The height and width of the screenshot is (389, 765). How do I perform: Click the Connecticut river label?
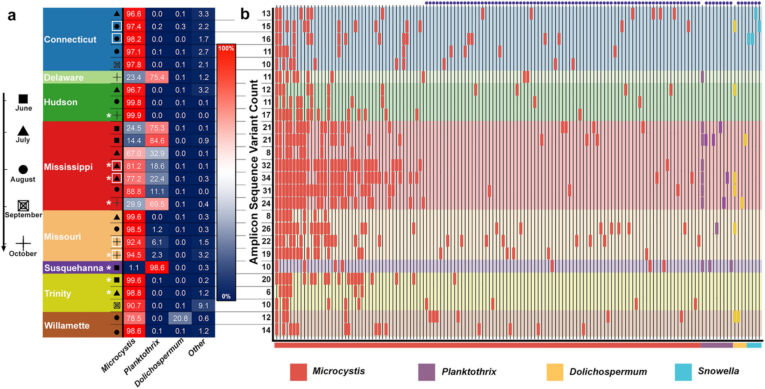[70, 39]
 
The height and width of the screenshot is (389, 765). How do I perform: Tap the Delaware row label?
[64, 77]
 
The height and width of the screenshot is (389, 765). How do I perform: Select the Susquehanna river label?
[74, 268]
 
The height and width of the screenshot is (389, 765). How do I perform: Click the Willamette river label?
[67, 325]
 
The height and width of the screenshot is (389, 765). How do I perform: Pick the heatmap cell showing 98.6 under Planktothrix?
[157, 268]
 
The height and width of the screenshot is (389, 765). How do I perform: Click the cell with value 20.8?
[180, 318]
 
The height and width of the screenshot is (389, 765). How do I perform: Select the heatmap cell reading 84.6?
[157, 141]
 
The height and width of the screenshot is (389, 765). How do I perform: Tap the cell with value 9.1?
[204, 306]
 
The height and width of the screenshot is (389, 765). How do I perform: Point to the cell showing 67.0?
[134, 153]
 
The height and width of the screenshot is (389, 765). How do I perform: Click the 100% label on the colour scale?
[226, 48]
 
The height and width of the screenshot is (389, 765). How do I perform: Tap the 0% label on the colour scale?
[226, 296]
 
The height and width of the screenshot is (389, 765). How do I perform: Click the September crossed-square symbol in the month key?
[23, 206]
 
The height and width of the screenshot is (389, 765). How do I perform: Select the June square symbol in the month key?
[23, 99]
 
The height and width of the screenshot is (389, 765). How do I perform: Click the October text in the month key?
[23, 254]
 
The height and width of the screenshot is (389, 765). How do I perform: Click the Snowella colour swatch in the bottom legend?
[683, 372]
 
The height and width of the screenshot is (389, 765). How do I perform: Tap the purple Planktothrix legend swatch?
[426, 372]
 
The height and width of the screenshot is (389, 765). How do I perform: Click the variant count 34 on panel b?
[266, 178]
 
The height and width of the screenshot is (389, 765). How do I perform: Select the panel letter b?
[245, 14]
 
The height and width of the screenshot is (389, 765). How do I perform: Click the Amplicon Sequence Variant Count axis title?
[254, 172]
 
